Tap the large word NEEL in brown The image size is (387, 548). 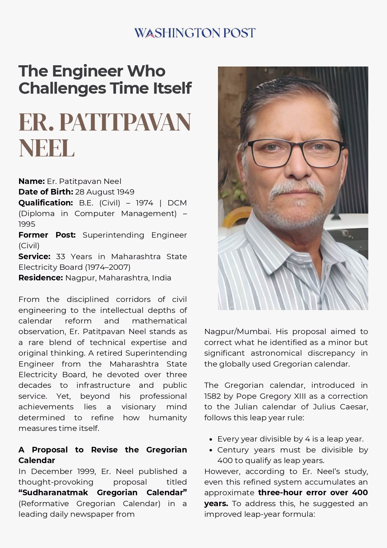(x=46, y=148)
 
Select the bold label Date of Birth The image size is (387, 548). (x=46, y=192)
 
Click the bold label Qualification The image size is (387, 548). (x=46, y=203)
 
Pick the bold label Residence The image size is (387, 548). (x=41, y=278)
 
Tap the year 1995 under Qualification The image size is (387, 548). (x=27, y=224)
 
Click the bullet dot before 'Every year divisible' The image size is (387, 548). (x=211, y=439)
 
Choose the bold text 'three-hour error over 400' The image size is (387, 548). (x=313, y=492)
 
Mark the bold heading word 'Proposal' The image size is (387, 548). (x=50, y=450)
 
